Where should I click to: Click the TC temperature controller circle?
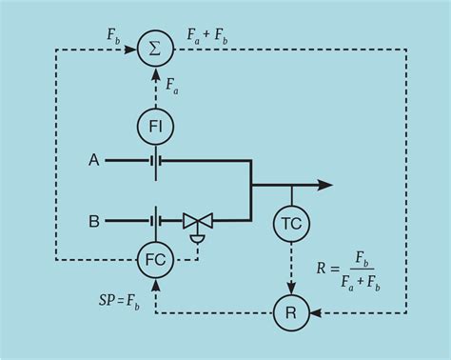pos(291,224)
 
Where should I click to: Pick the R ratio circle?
pos(291,311)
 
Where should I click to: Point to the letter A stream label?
pos(94,160)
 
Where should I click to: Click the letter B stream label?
pos(94,221)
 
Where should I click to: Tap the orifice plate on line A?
pos(154,160)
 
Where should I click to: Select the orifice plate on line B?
pos(154,221)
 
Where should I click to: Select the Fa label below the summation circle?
pos(170,88)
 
